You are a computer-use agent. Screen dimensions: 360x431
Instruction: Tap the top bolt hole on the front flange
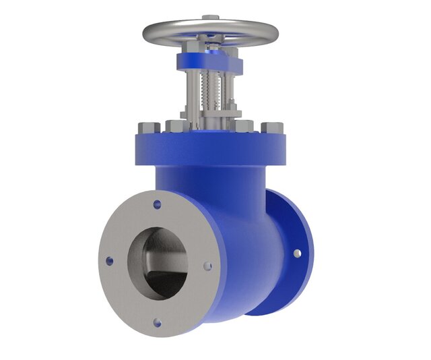click(158, 202)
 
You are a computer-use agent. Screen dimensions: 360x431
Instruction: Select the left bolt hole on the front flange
click(107, 259)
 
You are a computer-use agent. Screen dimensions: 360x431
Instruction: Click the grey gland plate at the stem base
click(212, 122)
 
